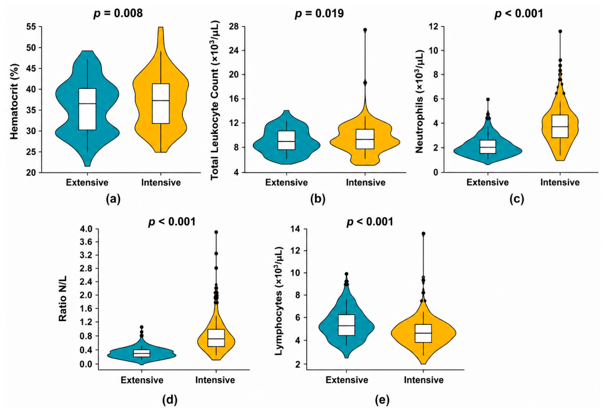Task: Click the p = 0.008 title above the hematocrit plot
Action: (x=118, y=14)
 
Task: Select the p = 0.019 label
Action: (x=319, y=14)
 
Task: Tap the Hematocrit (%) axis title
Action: (x=14, y=101)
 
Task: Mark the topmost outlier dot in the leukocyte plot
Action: (x=365, y=30)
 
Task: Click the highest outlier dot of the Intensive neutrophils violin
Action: (x=560, y=31)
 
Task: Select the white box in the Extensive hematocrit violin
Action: (x=87, y=109)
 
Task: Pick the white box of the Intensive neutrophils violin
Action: (x=560, y=126)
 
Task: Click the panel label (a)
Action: (x=113, y=199)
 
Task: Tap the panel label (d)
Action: (x=170, y=400)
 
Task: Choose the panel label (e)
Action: (x=382, y=400)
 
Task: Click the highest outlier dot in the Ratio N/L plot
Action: (x=216, y=232)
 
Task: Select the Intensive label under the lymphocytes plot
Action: (x=424, y=380)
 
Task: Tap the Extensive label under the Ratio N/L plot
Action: (x=142, y=380)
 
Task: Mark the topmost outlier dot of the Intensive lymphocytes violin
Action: (x=423, y=233)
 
